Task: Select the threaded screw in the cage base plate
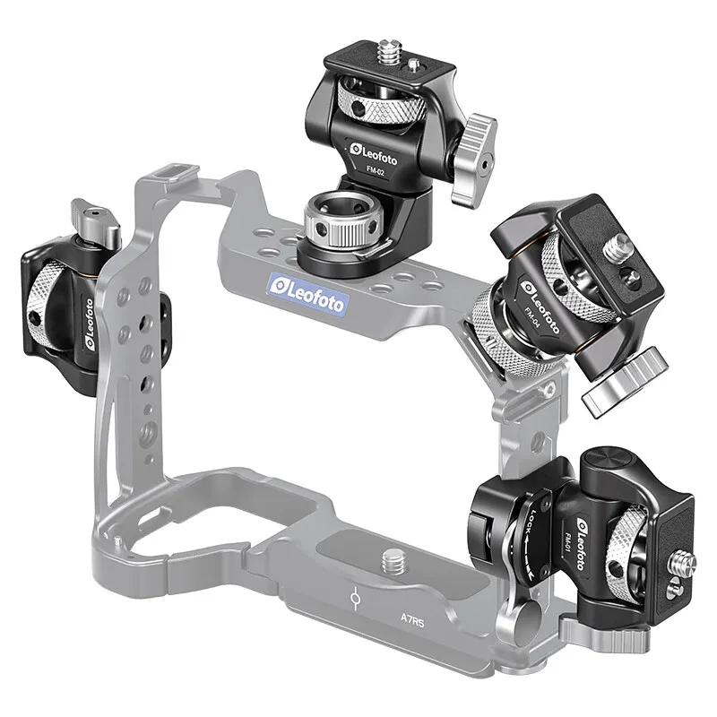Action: point(392,563)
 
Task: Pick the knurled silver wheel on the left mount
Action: point(43,305)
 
